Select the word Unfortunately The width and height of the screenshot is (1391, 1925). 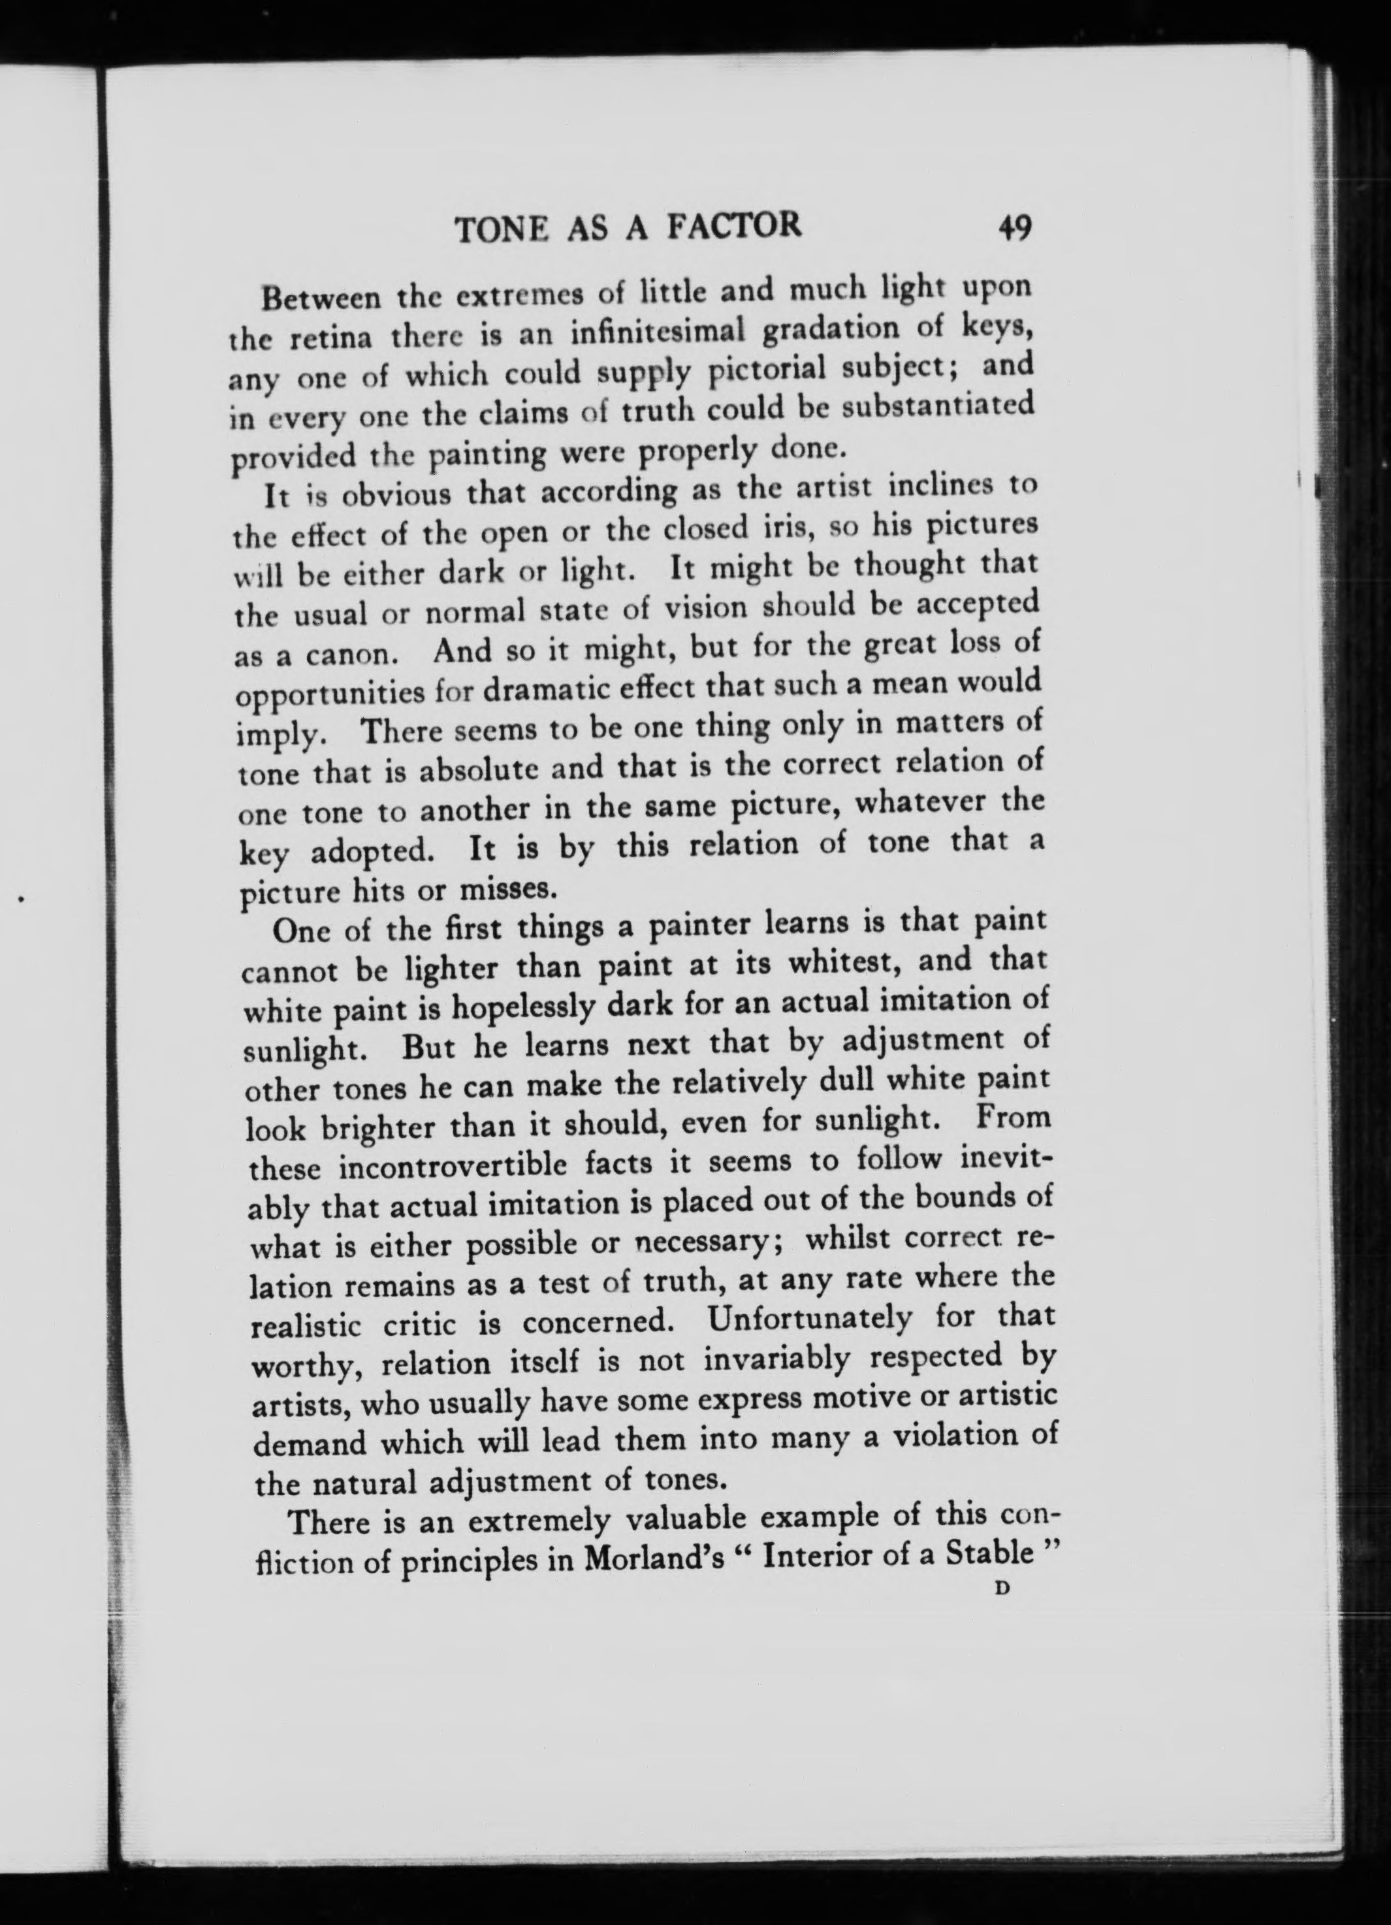(810, 1321)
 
